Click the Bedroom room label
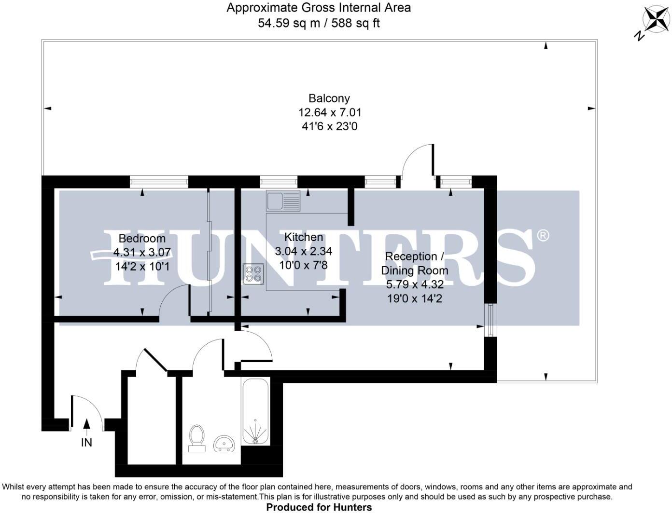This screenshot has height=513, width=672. tap(142, 238)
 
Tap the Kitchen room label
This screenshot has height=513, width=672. tap(304, 237)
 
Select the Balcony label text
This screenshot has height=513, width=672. tap(329, 98)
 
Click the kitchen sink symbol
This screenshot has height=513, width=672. tap(283, 201)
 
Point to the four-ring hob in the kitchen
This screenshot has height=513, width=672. tap(254, 274)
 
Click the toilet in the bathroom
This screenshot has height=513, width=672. tap(196, 437)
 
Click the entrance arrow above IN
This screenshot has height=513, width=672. tap(86, 424)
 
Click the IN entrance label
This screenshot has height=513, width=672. tap(86, 442)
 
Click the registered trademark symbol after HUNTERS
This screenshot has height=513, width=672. tap(543, 235)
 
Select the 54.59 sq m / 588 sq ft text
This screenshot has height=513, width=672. tap(319, 23)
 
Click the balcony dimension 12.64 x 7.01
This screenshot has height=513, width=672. tap(329, 112)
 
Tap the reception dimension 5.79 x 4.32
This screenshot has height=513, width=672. tap(414, 284)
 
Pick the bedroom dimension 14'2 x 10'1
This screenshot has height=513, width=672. tap(142, 266)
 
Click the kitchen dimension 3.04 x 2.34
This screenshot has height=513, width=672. tap(304, 251)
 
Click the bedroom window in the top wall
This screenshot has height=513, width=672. tap(159, 181)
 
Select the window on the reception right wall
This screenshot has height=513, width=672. tap(490, 320)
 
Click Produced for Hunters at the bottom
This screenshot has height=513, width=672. tap(319, 507)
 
